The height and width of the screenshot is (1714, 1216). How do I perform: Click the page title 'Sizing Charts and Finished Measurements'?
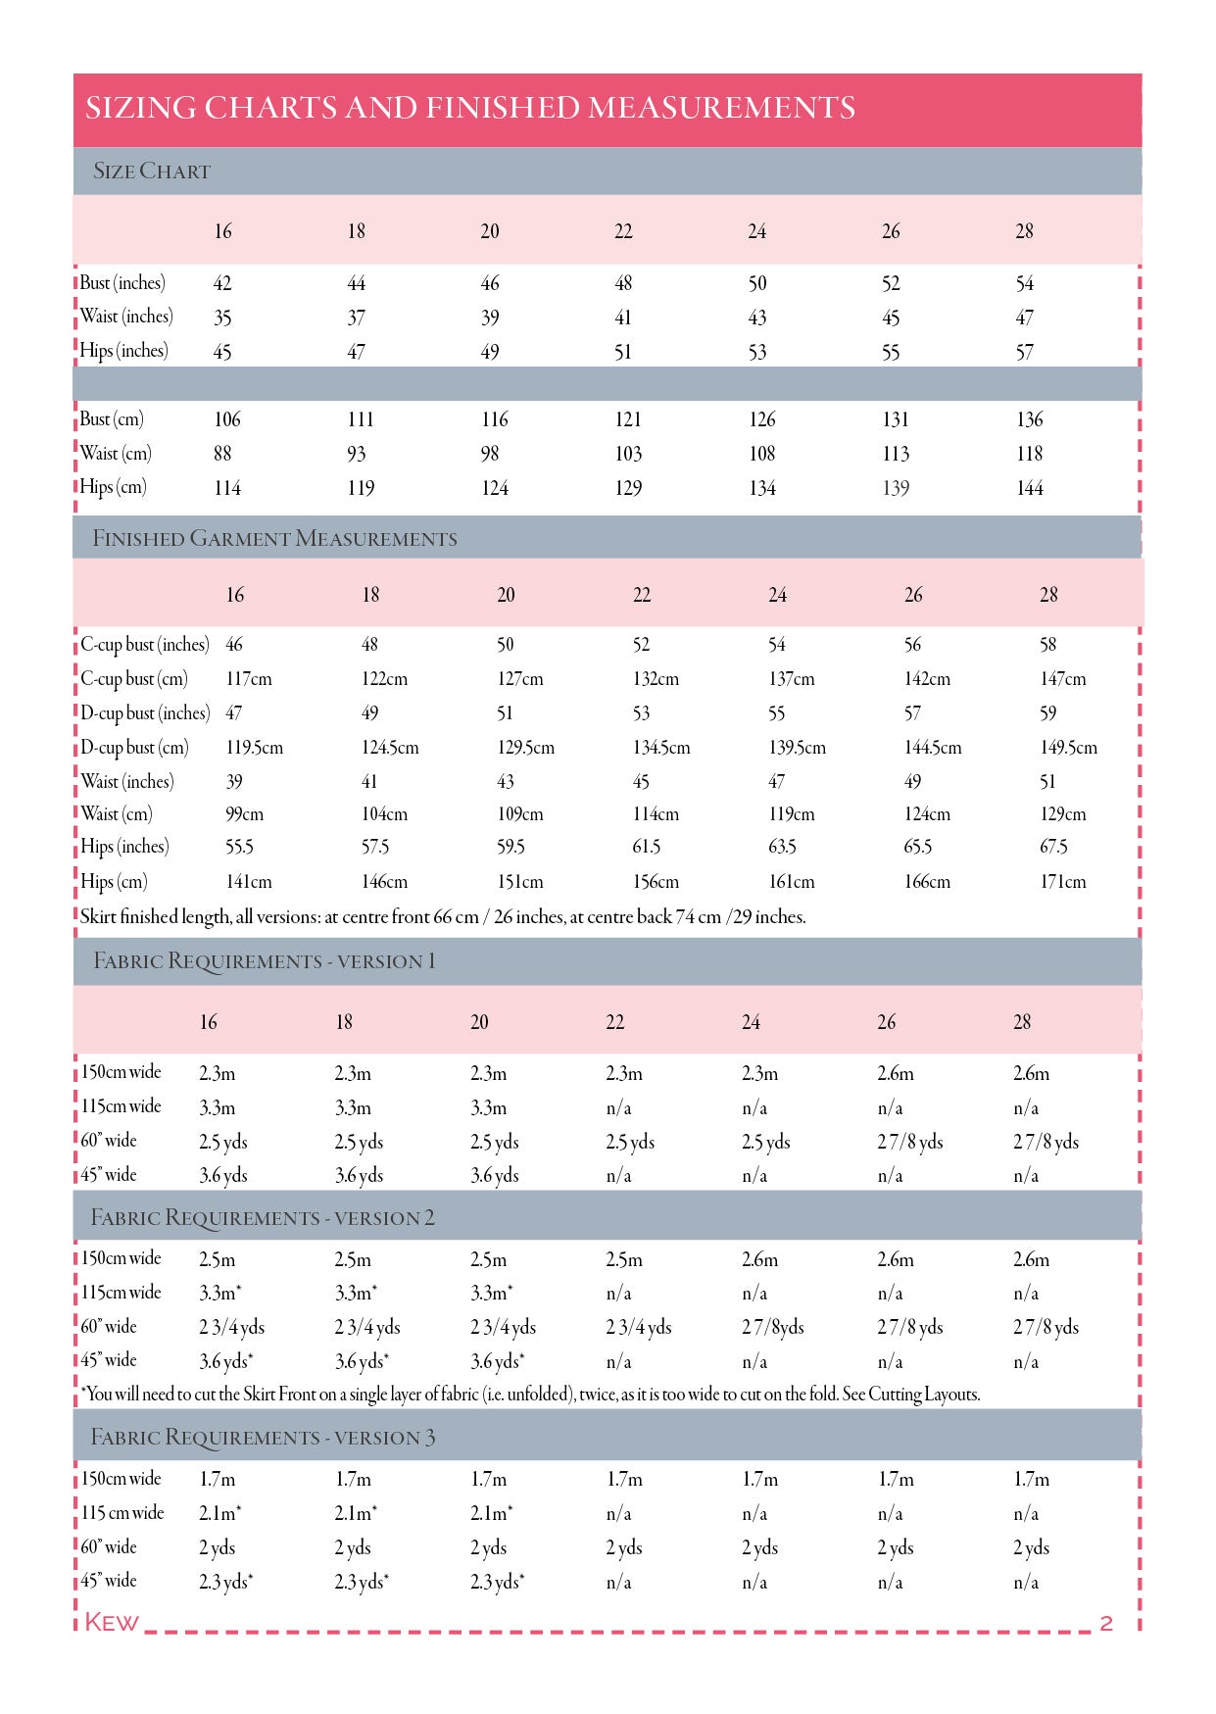pos(470,108)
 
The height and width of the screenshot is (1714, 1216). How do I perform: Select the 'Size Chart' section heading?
pos(152,171)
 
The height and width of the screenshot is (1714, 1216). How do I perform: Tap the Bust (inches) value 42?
pos(222,284)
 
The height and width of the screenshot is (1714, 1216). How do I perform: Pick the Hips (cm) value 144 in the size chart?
pos(1030,488)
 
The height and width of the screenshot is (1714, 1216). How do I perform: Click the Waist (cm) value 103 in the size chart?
pos(628,454)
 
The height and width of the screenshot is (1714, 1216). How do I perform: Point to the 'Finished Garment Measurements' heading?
pos(274,539)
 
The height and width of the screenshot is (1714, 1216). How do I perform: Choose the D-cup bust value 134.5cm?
pos(661,748)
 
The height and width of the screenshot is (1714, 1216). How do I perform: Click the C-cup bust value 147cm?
pos(1063,679)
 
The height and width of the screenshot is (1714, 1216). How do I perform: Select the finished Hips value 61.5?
pos(647,847)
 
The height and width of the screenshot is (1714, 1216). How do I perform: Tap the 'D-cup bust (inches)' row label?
pos(145,713)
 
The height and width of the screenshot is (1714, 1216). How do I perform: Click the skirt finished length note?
pos(443,917)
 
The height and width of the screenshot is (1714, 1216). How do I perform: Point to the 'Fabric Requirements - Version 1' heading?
pos(265,961)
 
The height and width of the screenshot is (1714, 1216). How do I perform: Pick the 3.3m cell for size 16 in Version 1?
pos(218,1108)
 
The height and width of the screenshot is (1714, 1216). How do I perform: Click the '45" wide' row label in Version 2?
pos(109,1360)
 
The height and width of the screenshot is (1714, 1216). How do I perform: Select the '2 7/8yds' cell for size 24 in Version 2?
pos(773,1328)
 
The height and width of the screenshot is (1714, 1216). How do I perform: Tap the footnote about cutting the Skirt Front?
pos(530,1395)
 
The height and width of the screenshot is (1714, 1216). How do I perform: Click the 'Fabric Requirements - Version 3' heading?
pos(263,1438)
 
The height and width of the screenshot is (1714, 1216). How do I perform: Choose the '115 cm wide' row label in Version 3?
pos(122,1513)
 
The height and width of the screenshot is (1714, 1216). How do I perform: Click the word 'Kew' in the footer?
pos(112,1623)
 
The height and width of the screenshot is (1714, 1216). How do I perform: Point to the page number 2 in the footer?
pos(1106,1623)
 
